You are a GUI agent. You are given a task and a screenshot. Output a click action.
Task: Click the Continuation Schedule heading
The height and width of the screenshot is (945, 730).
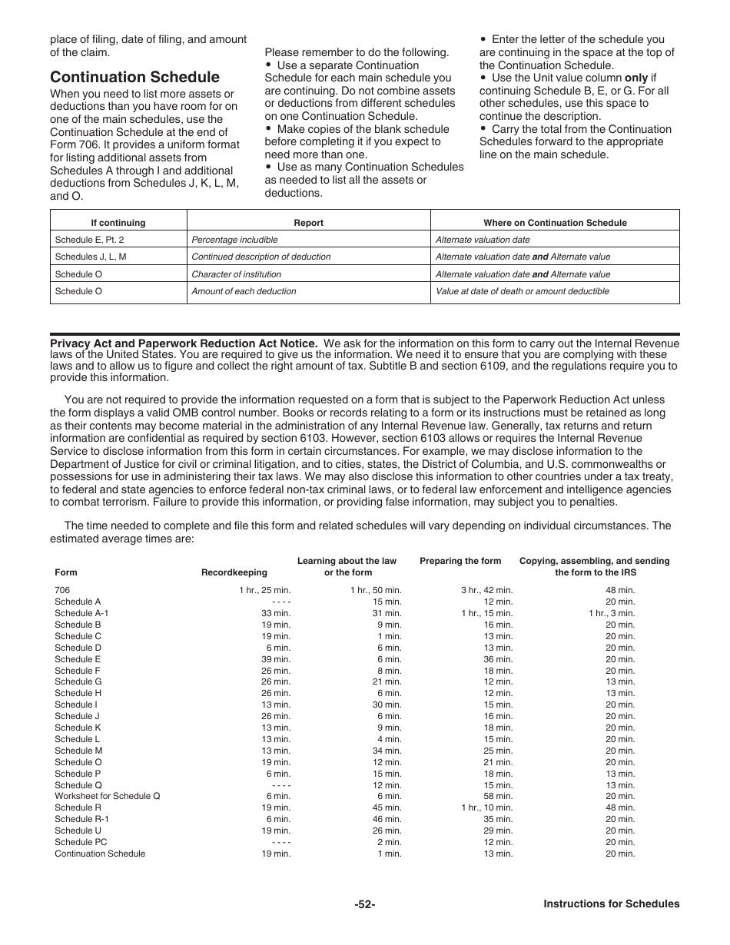(x=134, y=77)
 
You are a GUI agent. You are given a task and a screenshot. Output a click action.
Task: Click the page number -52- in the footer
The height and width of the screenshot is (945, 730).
(x=364, y=904)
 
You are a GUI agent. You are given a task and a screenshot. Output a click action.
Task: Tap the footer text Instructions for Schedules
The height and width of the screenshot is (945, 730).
(x=611, y=904)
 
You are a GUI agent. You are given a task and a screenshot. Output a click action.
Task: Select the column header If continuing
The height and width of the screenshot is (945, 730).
(x=118, y=223)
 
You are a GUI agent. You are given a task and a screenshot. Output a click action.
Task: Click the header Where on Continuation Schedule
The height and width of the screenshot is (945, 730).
(x=554, y=223)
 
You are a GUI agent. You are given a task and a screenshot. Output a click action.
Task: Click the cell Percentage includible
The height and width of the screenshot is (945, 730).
(x=234, y=240)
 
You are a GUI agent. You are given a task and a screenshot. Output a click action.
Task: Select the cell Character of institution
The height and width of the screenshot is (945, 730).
(x=236, y=274)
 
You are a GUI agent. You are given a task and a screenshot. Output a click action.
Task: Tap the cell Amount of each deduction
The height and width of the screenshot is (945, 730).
(x=243, y=291)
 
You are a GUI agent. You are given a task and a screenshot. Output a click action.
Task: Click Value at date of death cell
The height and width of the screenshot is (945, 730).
(x=522, y=291)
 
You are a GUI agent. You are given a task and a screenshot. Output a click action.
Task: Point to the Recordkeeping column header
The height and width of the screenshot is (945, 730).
(x=234, y=572)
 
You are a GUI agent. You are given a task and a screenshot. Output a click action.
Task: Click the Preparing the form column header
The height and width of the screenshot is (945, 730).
(x=460, y=561)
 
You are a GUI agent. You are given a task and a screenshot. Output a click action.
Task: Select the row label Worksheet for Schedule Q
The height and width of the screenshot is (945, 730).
(x=107, y=797)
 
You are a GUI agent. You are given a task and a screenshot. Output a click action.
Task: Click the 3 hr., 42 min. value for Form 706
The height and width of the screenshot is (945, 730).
(x=486, y=590)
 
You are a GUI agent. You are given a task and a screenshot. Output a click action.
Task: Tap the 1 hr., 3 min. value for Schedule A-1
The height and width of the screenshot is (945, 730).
(x=612, y=613)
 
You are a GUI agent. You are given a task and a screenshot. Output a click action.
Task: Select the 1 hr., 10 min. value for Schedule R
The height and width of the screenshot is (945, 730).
(x=486, y=807)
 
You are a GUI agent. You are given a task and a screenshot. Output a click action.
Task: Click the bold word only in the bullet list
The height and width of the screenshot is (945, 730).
(x=635, y=78)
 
